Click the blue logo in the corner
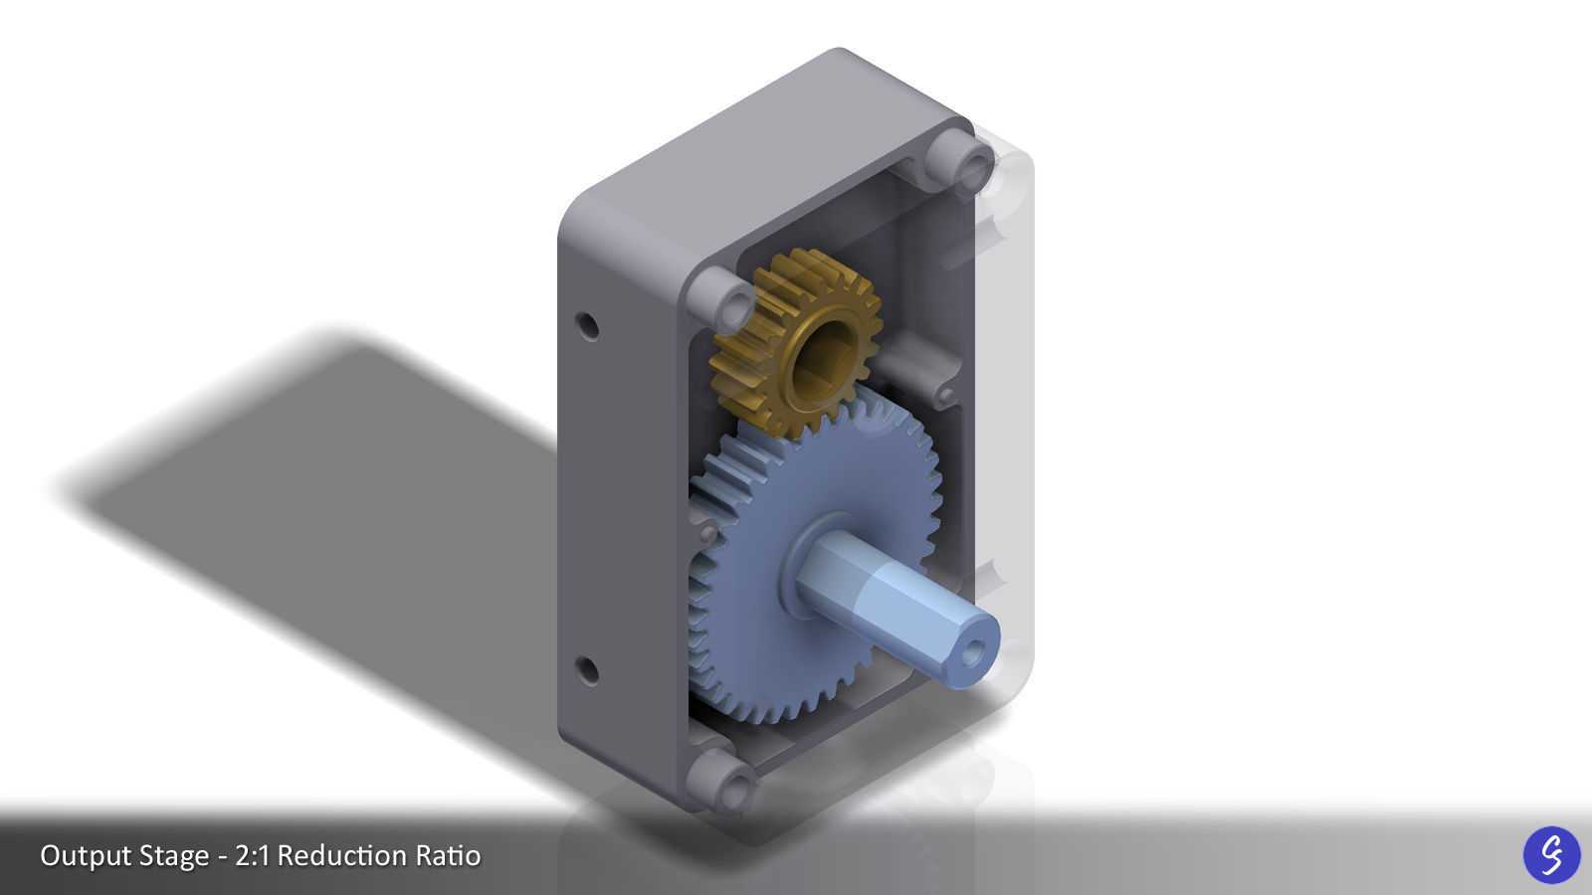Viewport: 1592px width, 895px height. [1551, 854]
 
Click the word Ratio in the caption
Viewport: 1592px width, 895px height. [448, 855]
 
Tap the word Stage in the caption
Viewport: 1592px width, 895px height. [180, 855]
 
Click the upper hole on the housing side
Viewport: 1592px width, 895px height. [588, 325]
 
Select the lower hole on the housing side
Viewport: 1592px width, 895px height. [588, 670]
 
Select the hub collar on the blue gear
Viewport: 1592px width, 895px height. [806, 557]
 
